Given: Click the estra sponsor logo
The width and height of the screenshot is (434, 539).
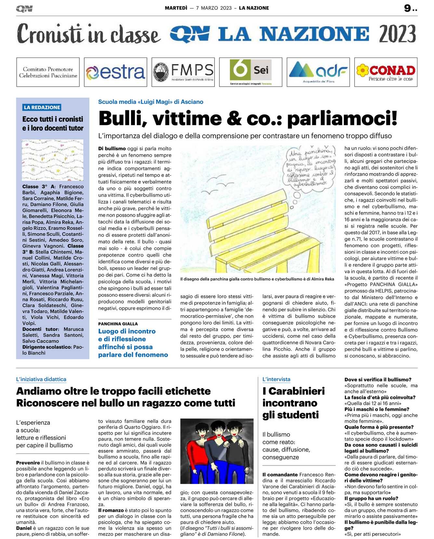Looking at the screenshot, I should pyautogui.click(x=115, y=72).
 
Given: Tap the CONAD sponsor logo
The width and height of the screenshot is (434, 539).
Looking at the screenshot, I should pyautogui.click(x=386, y=72).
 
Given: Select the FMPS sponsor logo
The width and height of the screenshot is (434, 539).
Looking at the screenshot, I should pyautogui.click(x=183, y=72).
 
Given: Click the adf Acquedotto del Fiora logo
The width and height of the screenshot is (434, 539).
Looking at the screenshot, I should pyautogui.click(x=318, y=72).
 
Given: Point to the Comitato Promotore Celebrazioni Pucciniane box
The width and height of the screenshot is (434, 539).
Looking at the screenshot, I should pyautogui.click(x=48, y=72).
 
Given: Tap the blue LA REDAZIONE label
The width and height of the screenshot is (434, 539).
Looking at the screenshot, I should pyautogui.click(x=42, y=107).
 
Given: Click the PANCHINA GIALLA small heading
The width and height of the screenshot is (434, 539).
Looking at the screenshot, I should pyautogui.click(x=118, y=324).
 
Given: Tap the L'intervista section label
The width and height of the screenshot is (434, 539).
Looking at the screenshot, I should pyautogui.click(x=276, y=379).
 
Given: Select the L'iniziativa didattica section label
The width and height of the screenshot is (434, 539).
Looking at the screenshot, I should pyautogui.click(x=41, y=379).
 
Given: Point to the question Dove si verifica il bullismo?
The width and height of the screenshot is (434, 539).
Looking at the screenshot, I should pyautogui.click(x=378, y=380).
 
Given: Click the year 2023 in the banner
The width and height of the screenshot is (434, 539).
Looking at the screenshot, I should pyautogui.click(x=397, y=34).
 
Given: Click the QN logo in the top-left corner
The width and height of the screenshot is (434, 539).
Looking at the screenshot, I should pyautogui.click(x=24, y=9).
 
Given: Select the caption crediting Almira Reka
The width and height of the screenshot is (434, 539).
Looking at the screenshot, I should pyautogui.click(x=257, y=279).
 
